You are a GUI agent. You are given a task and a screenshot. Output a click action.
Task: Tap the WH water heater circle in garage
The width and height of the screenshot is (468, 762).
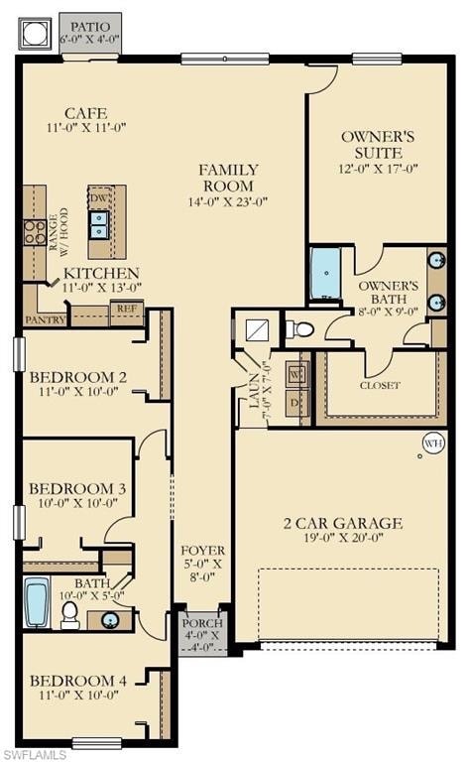433,444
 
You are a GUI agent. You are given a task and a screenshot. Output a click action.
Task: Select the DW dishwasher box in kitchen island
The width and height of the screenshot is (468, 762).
99,198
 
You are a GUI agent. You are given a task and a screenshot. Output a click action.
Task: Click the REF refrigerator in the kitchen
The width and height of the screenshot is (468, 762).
126,310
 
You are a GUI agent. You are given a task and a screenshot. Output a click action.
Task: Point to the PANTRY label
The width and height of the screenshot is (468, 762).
46,319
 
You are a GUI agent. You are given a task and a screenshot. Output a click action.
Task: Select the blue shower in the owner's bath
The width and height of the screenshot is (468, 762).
325,274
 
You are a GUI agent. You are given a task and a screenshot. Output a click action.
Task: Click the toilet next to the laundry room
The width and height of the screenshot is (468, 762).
298,328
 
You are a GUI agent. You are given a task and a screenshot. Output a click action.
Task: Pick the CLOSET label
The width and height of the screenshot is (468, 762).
380,385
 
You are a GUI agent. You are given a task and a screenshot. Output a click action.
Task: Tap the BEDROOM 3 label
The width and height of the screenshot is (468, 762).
76,489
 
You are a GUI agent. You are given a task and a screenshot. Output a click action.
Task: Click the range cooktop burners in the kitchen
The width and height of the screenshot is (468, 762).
35,232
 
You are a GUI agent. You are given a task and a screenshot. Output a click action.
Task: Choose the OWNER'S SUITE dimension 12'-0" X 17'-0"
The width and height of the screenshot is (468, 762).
372,170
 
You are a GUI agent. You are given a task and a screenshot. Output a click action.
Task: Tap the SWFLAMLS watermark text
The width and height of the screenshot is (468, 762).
35,754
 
